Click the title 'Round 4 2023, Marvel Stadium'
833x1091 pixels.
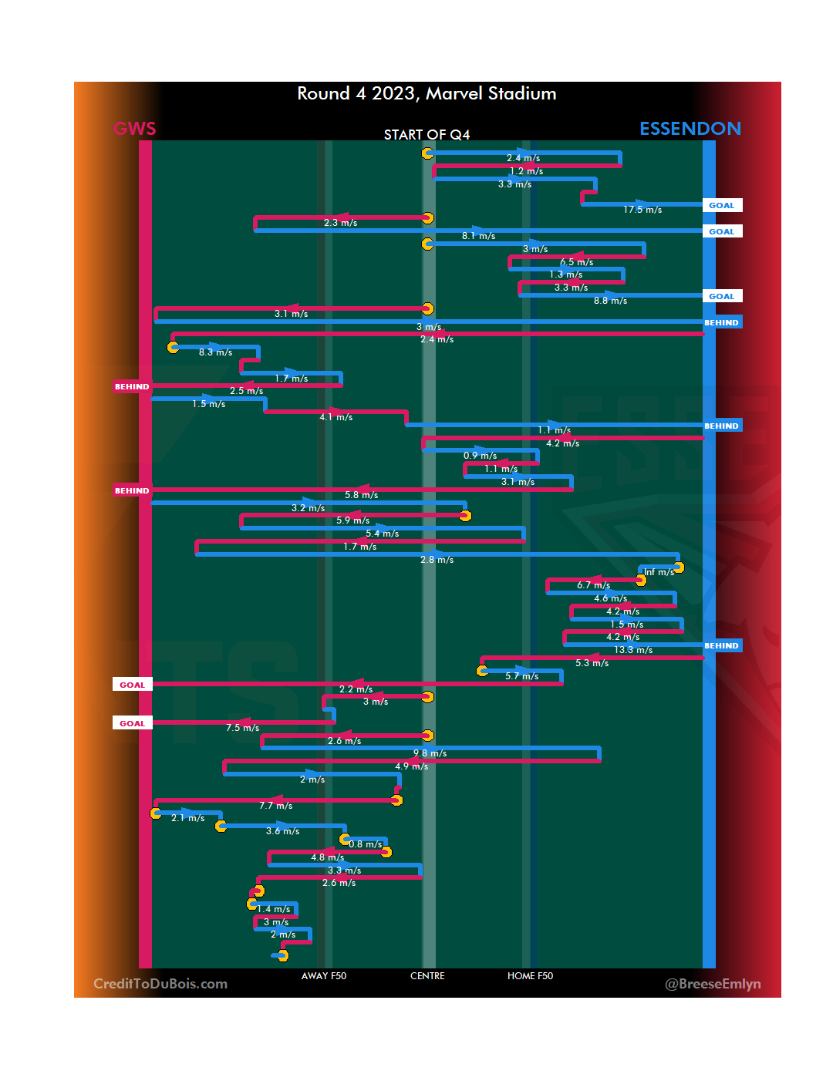coord(427,94)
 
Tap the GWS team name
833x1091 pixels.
coord(135,129)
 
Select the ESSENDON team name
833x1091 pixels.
coord(690,129)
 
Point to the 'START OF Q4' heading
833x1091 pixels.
coord(427,135)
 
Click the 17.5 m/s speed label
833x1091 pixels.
coord(642,210)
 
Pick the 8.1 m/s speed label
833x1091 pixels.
coord(478,236)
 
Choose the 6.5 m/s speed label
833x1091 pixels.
coord(576,262)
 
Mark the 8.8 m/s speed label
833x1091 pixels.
coord(610,301)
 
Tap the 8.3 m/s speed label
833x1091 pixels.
coord(215,352)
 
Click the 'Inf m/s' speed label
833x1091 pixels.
coord(659,572)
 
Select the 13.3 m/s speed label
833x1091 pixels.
coord(633,650)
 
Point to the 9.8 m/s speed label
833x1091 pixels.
coord(430,753)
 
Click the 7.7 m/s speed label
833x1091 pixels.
coord(275,806)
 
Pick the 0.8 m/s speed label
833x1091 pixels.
coord(365,844)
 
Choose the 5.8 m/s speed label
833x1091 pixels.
coord(361,495)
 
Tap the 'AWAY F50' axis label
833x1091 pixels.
coord(324,976)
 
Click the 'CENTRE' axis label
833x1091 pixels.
coord(427,976)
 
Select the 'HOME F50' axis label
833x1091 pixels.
coord(530,976)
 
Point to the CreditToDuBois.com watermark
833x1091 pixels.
coord(160,984)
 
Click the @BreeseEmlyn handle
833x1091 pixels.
coord(713,984)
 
